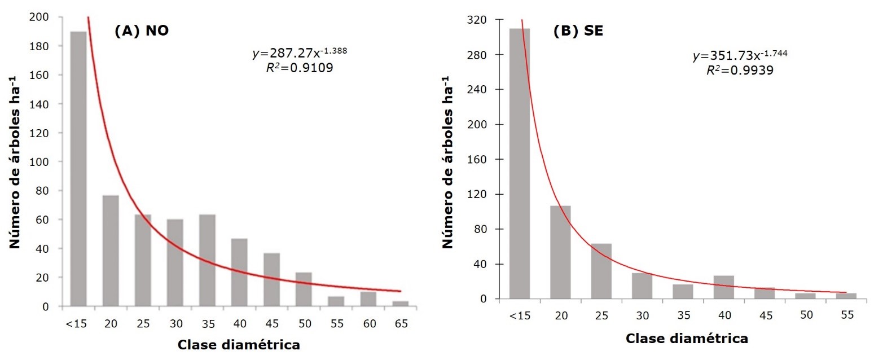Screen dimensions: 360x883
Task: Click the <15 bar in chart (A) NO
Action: coord(78,169)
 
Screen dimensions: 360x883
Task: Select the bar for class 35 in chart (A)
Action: coord(207,260)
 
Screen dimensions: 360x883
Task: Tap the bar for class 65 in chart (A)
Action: coord(400,304)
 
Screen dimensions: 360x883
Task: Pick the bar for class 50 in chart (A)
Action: coord(304,289)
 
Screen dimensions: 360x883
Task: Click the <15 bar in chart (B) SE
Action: coord(520,163)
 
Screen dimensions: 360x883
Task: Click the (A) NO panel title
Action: coord(142,32)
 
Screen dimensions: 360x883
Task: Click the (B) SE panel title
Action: coord(578,32)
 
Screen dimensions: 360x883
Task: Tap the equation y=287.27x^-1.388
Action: coord(300,54)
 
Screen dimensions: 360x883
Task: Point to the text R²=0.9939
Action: coord(740,71)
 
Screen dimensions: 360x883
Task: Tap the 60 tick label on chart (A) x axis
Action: coord(368,323)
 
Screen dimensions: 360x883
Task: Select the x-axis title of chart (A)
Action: coord(239,344)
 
